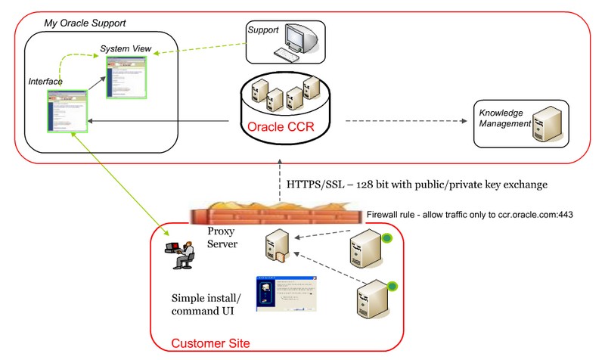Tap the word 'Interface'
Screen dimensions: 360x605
click(x=45, y=81)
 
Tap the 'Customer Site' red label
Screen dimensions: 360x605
click(x=210, y=343)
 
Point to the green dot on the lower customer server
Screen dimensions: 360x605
click(x=393, y=285)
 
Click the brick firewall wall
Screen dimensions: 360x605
click(x=280, y=216)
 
